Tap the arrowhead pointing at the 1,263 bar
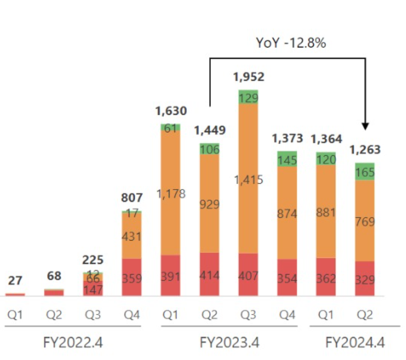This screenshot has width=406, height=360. (366, 124)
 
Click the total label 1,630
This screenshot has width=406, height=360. (170, 110)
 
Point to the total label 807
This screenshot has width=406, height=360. (132, 197)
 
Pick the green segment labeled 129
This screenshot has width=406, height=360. (248, 96)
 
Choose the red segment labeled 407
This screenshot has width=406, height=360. (248, 275)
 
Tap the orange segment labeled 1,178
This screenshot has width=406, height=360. (170, 193)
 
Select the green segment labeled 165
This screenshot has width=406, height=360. (365, 172)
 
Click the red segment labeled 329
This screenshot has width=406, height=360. (365, 279)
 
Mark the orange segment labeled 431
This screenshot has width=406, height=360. (132, 236)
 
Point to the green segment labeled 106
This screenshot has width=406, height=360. (209, 149)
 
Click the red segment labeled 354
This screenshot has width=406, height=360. (287, 278)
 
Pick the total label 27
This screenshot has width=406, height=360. (15, 281)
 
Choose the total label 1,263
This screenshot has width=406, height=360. (365, 150)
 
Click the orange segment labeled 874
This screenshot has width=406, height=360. (287, 213)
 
